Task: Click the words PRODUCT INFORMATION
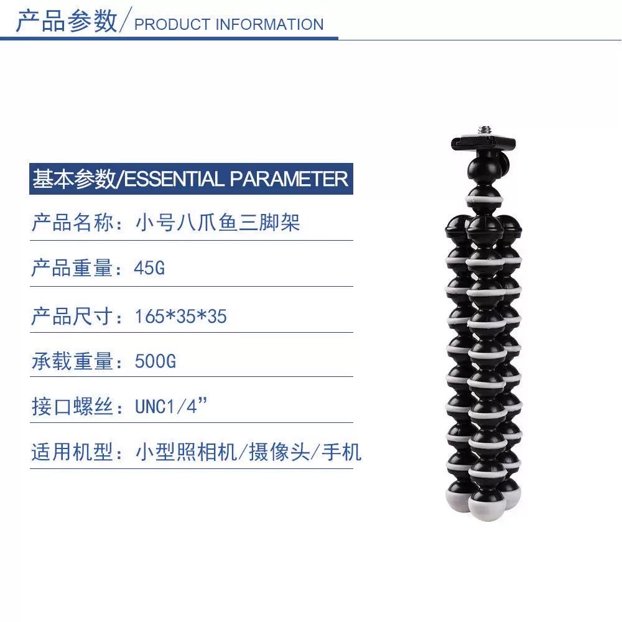[x=229, y=25]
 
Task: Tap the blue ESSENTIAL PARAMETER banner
[x=190, y=179]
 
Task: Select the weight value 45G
[x=149, y=269]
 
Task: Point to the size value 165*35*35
[x=180, y=317]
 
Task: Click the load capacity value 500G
[x=155, y=361]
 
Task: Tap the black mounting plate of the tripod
[x=483, y=142]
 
